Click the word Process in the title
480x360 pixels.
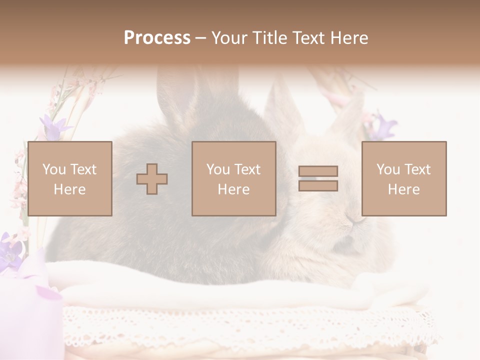tap(157, 38)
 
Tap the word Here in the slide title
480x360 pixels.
tap(348, 38)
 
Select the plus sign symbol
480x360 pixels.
tap(152, 178)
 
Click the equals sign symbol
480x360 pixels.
tap(318, 178)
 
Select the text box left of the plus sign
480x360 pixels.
tap(70, 178)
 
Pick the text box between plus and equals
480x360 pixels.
tap(234, 178)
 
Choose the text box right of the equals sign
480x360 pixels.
tap(404, 178)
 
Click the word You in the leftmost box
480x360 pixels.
tap(53, 169)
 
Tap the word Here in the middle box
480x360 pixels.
tap(234, 189)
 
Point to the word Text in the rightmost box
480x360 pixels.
tap(418, 169)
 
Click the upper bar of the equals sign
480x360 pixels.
tap(318, 171)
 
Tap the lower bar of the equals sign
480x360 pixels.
tap(318, 185)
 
